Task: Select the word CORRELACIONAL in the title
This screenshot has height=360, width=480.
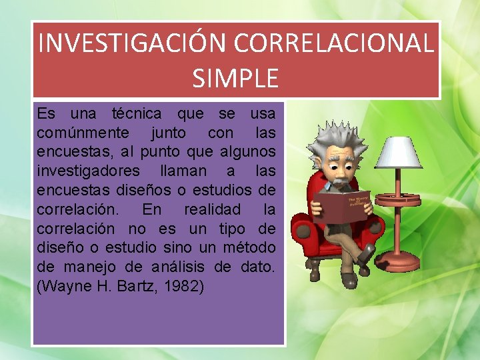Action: click(x=333, y=43)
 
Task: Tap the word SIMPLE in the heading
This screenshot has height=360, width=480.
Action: click(x=235, y=78)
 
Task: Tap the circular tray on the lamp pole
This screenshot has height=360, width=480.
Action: click(x=398, y=199)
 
